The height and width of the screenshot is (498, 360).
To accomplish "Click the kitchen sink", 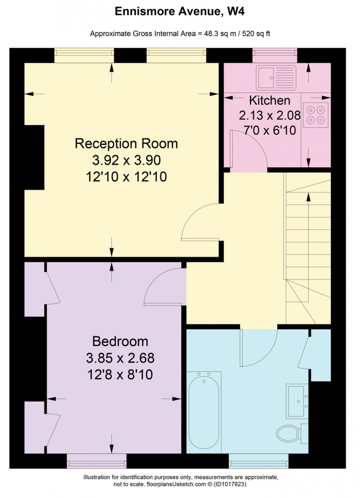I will point(276,77).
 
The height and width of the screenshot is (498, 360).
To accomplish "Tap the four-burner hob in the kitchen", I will point(316,115).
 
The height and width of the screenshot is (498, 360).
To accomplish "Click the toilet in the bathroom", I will point(289,433).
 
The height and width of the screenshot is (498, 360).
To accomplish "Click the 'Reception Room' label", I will point(126,144).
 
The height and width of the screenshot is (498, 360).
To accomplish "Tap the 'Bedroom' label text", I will point(120,341).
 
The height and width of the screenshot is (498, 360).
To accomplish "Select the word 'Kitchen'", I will point(270,100).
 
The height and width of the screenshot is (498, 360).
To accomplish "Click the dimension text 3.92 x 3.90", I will point(126,160).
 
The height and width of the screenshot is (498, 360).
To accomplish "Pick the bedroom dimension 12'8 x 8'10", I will point(120,375).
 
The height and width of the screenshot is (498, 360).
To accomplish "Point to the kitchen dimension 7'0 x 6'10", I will point(270,130).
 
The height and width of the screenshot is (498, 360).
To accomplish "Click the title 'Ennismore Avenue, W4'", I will point(180,11).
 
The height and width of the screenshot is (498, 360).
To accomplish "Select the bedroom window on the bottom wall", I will point(97,461).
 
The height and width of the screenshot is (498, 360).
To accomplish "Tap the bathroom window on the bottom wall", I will point(258,461).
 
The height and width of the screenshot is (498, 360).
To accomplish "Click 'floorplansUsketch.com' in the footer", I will point(176,484).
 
